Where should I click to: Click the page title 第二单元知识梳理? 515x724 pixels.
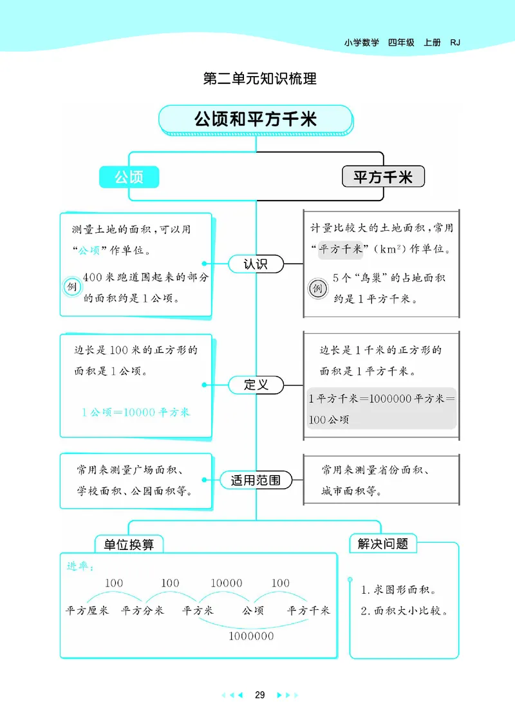pyautogui.click(x=259, y=79)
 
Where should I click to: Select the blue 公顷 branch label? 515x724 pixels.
pyautogui.click(x=129, y=177)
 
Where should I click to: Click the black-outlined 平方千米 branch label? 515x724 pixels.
pyautogui.click(x=382, y=177)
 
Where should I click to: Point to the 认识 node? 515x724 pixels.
pyautogui.click(x=256, y=264)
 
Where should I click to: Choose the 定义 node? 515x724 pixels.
pyautogui.click(x=256, y=385)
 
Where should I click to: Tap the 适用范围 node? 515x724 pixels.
pyautogui.click(x=256, y=480)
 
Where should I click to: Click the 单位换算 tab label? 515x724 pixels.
pyautogui.click(x=129, y=544)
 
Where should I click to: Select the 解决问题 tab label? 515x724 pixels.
pyautogui.click(x=383, y=543)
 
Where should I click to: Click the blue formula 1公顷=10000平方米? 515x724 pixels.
pyautogui.click(x=136, y=412)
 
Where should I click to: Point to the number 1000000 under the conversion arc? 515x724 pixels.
pyautogui.click(x=250, y=636)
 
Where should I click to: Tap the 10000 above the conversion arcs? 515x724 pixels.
pyautogui.click(x=227, y=583)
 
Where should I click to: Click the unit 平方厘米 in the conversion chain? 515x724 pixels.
pyautogui.click(x=88, y=610)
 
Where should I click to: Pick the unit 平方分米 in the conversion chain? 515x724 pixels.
pyautogui.click(x=142, y=610)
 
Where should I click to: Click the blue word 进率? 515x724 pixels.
pyautogui.click(x=80, y=567)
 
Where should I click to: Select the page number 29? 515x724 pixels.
pyautogui.click(x=259, y=695)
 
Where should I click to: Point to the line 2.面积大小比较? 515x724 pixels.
pyautogui.click(x=404, y=611)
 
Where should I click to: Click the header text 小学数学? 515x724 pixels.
pyautogui.click(x=362, y=43)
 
